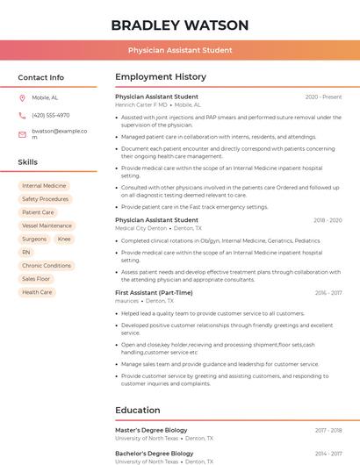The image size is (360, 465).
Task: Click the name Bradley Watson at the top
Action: (x=179, y=25)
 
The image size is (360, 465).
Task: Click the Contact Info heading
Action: (x=41, y=77)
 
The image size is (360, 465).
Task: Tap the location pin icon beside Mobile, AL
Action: (x=22, y=97)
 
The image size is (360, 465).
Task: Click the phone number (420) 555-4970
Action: (x=50, y=115)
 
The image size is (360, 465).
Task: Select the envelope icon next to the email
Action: (x=22, y=134)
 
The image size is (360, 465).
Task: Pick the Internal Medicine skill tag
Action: (x=44, y=186)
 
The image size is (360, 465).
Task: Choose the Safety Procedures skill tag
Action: (x=45, y=199)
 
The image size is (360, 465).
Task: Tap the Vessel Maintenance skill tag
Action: (x=47, y=225)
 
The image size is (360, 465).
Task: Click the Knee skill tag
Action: (x=64, y=239)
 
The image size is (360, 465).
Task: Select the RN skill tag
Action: (x=26, y=252)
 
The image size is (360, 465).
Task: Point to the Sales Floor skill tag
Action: (x=36, y=279)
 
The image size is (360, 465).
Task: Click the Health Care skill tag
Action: (x=37, y=292)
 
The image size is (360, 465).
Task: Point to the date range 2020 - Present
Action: (x=323, y=97)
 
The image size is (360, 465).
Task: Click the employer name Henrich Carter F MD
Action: (x=140, y=104)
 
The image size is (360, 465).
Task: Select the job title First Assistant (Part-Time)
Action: (x=154, y=292)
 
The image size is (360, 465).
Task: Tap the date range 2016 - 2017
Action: (x=328, y=293)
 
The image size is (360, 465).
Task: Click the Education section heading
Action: (x=137, y=410)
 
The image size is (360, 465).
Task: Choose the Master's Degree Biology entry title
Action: (x=151, y=430)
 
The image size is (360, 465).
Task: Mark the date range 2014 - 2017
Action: (x=328, y=454)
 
